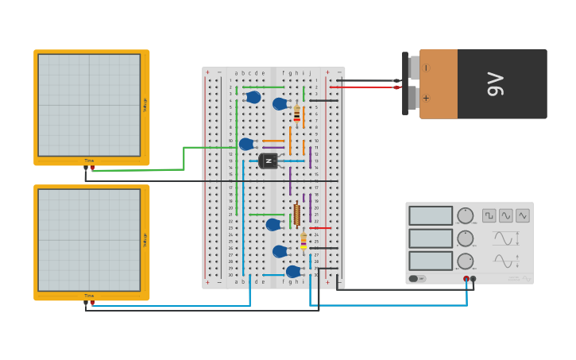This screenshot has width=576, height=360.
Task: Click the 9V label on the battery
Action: (495, 83)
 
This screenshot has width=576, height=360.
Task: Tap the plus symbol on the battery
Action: (427, 99)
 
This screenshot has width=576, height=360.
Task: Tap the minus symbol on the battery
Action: (427, 68)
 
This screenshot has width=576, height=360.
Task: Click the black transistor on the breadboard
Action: (269, 161)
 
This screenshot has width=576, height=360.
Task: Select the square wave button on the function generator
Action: (489, 215)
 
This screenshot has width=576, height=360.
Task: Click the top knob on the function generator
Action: (466, 215)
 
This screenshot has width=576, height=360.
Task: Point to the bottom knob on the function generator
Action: (466, 261)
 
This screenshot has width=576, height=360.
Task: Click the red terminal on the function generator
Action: (466, 279)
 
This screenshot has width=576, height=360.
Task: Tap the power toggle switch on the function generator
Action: (415, 279)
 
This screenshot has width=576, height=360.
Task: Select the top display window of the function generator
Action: (431, 215)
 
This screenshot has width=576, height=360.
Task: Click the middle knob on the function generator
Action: (466, 238)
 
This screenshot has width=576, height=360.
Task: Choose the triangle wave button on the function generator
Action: (523, 215)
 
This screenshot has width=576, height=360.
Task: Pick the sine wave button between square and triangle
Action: (506, 215)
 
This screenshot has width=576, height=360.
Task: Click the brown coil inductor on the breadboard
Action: (296, 215)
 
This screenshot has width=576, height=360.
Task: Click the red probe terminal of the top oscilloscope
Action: (92, 168)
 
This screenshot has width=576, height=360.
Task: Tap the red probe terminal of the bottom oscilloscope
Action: (92, 303)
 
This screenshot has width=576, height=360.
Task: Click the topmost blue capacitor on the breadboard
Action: (253, 97)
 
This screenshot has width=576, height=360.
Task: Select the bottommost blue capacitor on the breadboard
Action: (293, 271)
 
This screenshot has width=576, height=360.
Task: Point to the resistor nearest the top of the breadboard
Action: (296, 114)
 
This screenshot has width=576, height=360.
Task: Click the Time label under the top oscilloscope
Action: (89, 161)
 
